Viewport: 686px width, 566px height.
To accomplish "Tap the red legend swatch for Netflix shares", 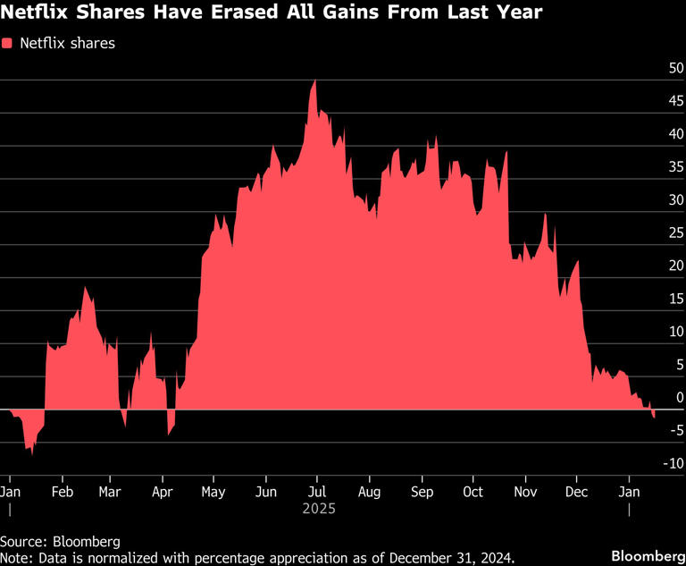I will (x=8, y=43).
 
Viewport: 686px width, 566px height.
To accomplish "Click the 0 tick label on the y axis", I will (x=679, y=397).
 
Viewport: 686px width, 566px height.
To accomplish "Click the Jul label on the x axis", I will (x=316, y=492).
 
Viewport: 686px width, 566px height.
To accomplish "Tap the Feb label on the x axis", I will (x=62, y=492).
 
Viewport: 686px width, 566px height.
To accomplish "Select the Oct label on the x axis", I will (x=473, y=492).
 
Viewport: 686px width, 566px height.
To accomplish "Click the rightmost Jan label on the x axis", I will (x=630, y=492).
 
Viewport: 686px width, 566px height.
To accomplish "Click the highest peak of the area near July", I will (x=314, y=80).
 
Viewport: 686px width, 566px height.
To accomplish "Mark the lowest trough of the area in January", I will (x=33, y=453).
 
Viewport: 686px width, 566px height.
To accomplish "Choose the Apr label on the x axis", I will (x=162, y=492).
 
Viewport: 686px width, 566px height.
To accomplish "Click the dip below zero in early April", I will (x=169, y=435).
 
